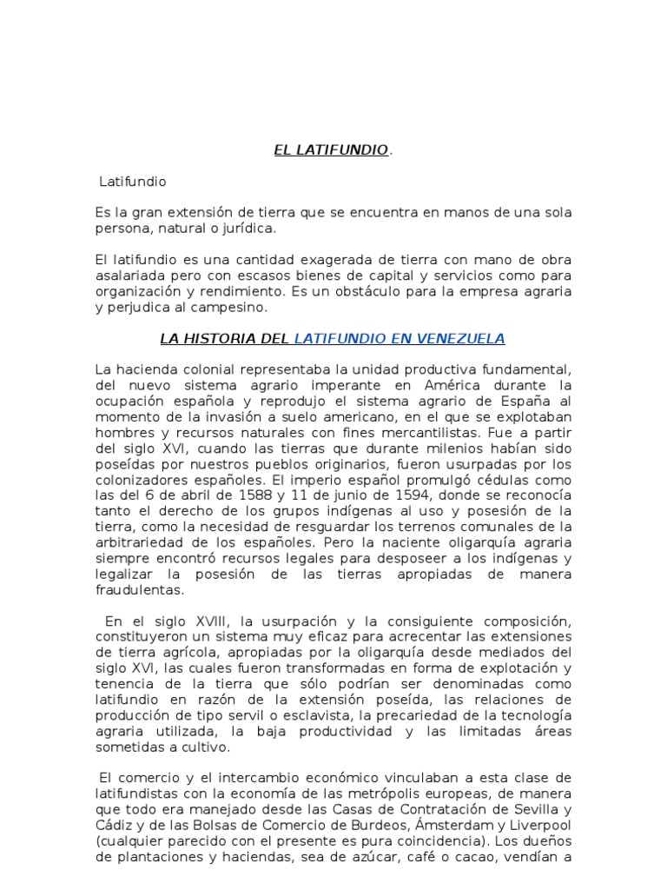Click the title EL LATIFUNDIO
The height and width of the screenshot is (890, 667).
[x=331, y=150]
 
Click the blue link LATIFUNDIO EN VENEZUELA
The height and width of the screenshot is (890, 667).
[x=400, y=338]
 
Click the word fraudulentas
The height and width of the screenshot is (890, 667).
[x=139, y=590]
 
